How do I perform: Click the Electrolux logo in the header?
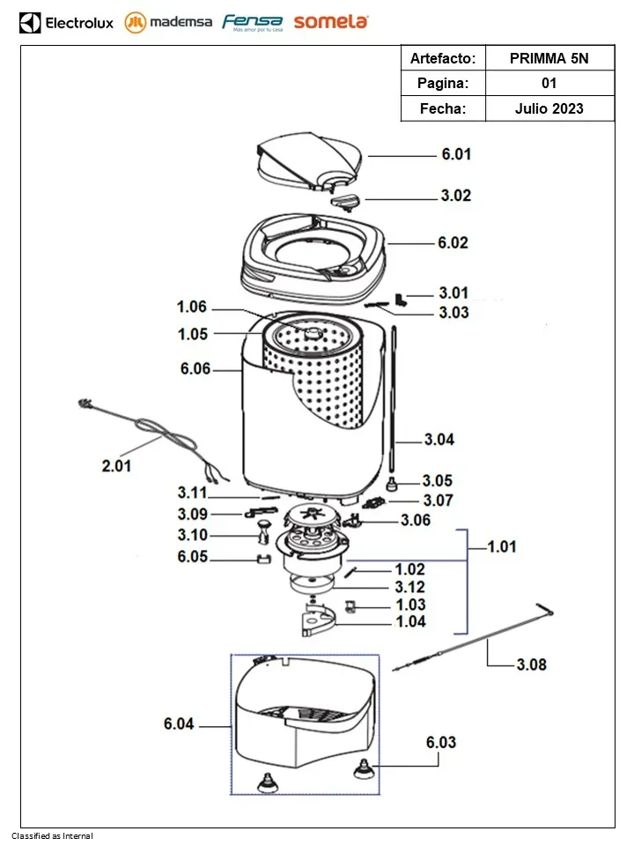(67, 22)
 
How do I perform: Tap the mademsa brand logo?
(169, 22)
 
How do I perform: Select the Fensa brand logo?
(252, 22)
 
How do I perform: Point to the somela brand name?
(331, 22)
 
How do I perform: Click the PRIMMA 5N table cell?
(549, 58)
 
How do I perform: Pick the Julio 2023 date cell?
(549, 108)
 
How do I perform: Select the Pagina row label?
(445, 84)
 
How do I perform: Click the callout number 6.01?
(456, 154)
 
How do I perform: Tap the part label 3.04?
(439, 440)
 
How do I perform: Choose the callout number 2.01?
(116, 466)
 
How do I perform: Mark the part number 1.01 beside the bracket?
(502, 547)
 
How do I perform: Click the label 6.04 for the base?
(179, 724)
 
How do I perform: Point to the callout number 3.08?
(530, 664)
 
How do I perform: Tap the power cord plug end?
(85, 404)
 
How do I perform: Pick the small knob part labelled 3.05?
(391, 481)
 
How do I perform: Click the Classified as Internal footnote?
(52, 835)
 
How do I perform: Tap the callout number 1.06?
(191, 307)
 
